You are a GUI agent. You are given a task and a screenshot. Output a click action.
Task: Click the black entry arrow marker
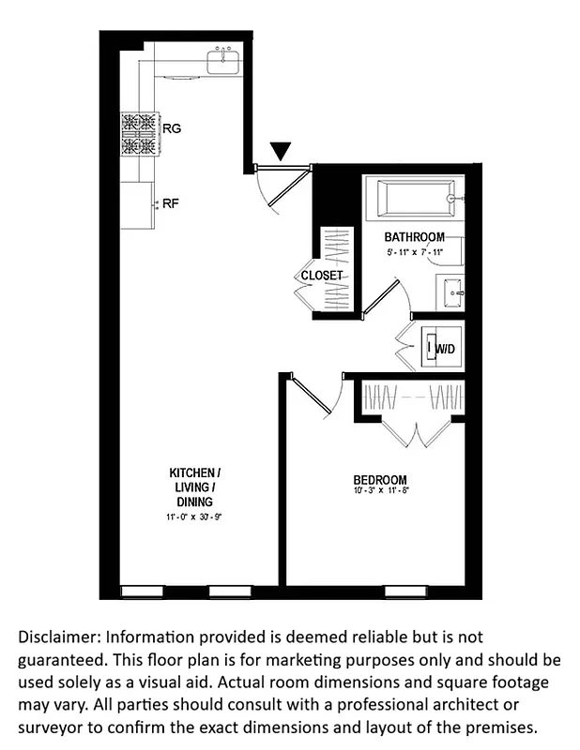click(x=282, y=151)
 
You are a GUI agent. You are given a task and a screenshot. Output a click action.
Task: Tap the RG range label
click(x=172, y=128)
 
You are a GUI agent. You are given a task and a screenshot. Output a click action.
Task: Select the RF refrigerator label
click(x=171, y=202)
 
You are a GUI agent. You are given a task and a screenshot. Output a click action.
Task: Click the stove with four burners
click(x=138, y=133)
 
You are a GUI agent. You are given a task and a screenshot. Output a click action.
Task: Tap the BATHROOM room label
click(x=414, y=237)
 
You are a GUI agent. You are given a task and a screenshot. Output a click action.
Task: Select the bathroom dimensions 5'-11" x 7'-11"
click(x=414, y=252)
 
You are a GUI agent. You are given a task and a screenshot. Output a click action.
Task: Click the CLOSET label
click(x=322, y=276)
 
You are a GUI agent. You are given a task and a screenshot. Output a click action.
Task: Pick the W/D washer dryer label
click(x=444, y=349)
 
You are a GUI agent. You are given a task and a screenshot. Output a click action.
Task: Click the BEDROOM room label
click(x=381, y=480)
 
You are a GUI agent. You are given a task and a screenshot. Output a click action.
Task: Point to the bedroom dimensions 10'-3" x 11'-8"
click(x=381, y=492)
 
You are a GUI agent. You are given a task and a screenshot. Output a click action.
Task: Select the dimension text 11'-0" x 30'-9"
click(x=194, y=517)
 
